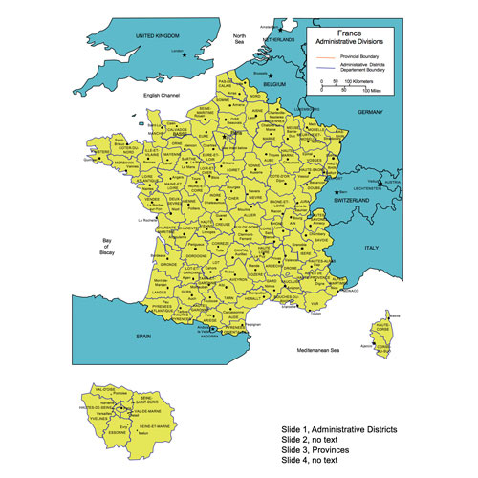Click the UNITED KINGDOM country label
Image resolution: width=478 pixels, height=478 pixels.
(x=158, y=36)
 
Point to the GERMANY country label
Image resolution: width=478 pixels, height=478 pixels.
(x=370, y=112)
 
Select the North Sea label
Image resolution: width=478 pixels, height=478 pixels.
(x=240, y=39)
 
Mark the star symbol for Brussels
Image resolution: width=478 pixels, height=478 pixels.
(x=271, y=75)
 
